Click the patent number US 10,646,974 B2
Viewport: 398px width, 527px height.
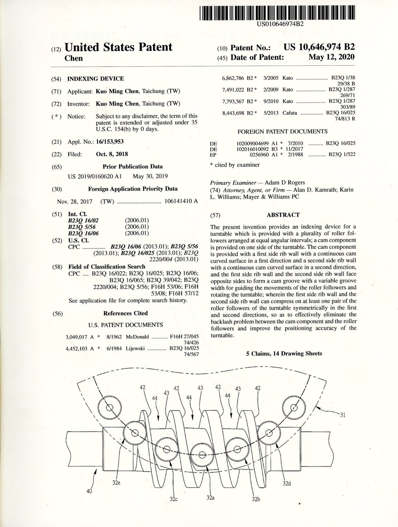319,47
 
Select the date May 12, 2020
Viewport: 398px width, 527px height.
331,57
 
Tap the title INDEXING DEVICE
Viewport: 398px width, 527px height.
96,79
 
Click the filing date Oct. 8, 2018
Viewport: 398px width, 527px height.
112,154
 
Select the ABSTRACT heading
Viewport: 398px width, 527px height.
283,215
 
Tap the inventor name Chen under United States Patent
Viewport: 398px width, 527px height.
73,58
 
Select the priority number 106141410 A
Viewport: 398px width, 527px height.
181,201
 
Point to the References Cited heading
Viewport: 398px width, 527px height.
125,313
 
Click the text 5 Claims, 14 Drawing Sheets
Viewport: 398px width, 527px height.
284,353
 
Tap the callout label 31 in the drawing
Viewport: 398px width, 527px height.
343,415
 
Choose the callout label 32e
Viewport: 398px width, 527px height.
116,482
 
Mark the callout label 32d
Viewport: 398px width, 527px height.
286,484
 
